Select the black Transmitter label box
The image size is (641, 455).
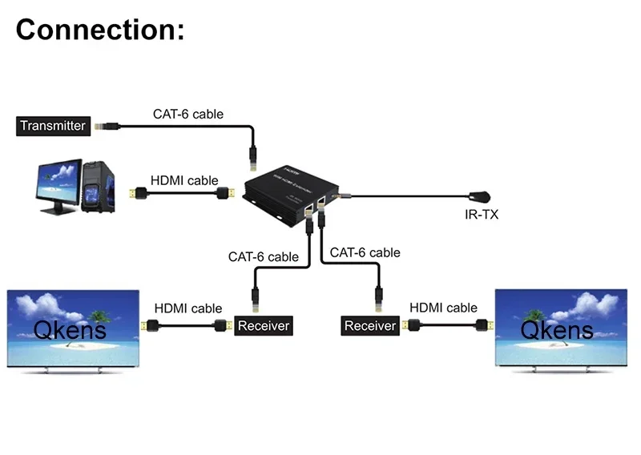[x=52, y=125]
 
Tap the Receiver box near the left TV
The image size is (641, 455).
[x=263, y=326]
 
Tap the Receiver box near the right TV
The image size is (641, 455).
[x=370, y=326]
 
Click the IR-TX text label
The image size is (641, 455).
[x=481, y=215]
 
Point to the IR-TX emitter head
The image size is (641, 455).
[x=482, y=195]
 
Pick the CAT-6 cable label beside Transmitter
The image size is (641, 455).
[x=188, y=114]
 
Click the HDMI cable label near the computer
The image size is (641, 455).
[x=183, y=180]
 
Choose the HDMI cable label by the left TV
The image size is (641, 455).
[x=188, y=308]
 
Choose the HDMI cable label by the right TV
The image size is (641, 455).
[x=443, y=308]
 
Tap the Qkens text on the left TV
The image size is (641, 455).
[x=70, y=328]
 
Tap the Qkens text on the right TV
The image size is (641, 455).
[x=557, y=328]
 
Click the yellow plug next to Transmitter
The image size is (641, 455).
[x=102, y=125]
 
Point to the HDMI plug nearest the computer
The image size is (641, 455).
[x=139, y=193]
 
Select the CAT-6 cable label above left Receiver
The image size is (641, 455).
[x=263, y=257]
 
